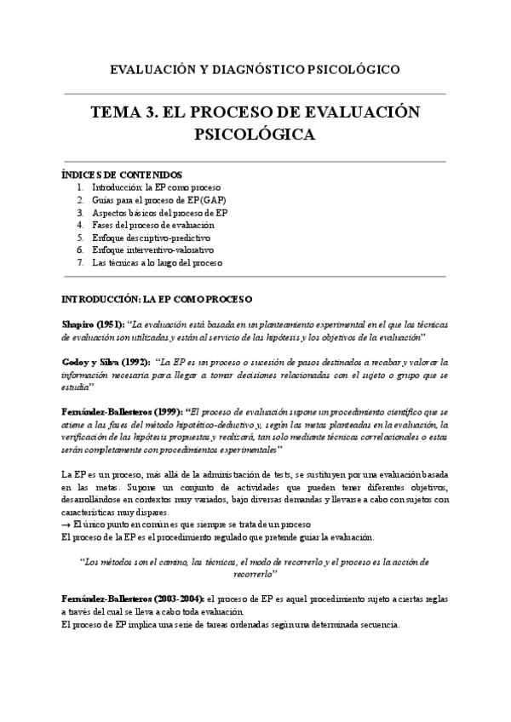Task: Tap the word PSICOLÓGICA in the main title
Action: (255, 135)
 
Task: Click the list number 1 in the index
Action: (80, 186)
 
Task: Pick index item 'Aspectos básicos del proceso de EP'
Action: (159, 212)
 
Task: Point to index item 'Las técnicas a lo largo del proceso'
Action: (157, 263)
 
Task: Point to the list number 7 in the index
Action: (80, 263)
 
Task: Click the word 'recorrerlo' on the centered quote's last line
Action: (255, 575)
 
